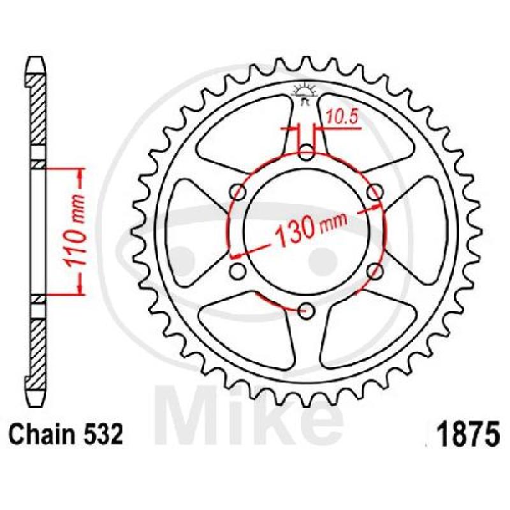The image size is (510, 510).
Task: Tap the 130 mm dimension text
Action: pos(310,228)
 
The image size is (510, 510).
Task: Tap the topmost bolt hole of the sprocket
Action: pos(307,152)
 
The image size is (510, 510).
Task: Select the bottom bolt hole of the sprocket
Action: pos(307,310)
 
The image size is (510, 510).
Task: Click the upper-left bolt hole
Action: pos(238,192)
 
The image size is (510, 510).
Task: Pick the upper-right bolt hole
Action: pos(375,192)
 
